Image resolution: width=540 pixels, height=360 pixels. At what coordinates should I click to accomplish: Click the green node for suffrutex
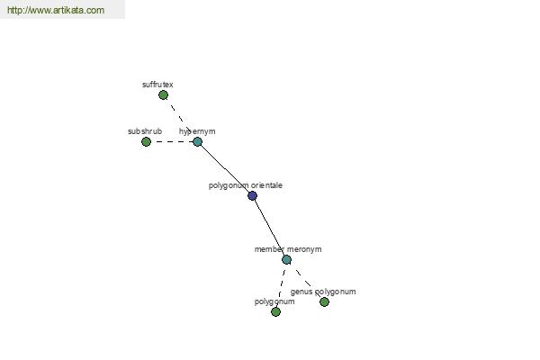pos(163,95)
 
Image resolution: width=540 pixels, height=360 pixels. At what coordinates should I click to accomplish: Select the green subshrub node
pos(146,141)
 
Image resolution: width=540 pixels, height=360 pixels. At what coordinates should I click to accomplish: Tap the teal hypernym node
pos(197,141)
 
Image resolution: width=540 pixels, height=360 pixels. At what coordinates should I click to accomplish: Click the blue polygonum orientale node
pos(252,195)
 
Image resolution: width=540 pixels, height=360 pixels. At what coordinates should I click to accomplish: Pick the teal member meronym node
pos(286,260)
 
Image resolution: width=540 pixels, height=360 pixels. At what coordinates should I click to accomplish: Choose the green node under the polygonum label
pos(275,312)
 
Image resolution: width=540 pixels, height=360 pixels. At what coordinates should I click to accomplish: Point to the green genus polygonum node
pos(324,302)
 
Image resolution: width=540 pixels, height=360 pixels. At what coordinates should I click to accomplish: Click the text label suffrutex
pos(157,85)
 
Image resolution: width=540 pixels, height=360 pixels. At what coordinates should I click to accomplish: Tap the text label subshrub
pos(145,131)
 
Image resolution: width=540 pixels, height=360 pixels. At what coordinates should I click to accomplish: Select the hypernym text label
pos(197,132)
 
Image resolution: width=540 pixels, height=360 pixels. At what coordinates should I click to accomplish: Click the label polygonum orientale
pos(246,185)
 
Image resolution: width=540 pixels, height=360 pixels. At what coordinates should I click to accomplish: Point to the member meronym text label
pos(288,249)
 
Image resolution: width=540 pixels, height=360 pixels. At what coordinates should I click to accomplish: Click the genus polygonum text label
pos(323,292)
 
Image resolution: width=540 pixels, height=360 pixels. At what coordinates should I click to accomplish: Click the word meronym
pos(304,249)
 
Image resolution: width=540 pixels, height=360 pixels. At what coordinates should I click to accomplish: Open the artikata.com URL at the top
pos(56,10)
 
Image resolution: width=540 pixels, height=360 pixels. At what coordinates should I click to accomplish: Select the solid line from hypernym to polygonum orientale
pos(225,169)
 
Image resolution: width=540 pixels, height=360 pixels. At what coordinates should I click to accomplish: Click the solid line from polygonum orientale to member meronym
pos(270,228)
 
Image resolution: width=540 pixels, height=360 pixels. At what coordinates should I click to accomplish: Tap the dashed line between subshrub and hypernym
pos(172,141)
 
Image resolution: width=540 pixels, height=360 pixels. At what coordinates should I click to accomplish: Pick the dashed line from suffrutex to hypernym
pos(180,117)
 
